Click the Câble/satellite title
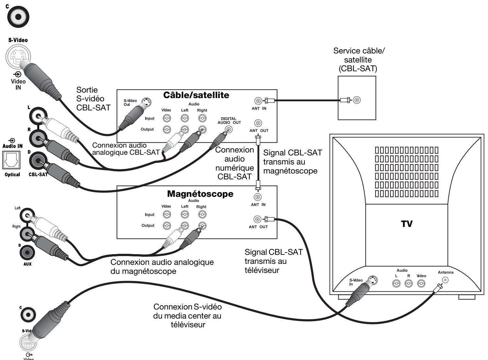[196, 95]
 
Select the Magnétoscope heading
[200, 194]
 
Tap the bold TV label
[407, 224]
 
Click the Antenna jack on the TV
[446, 280]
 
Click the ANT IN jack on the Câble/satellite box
[258, 101]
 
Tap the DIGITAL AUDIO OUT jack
[229, 129]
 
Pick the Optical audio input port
[11, 161]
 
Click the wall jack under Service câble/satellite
[357, 100]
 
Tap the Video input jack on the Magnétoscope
[167, 214]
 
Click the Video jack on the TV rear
[421, 284]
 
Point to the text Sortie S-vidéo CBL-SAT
[93, 99]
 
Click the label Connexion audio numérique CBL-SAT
[235, 163]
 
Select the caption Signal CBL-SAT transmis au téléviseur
[273, 261]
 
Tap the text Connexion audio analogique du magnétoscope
[162, 266]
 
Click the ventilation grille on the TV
[407, 172]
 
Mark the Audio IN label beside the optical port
[12, 146]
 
